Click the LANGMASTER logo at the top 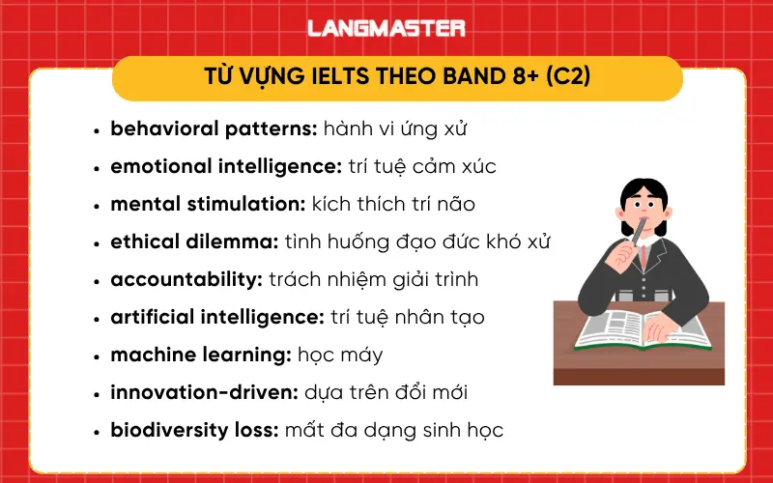[386, 28]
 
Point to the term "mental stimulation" [207, 204]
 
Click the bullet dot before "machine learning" [97, 356]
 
